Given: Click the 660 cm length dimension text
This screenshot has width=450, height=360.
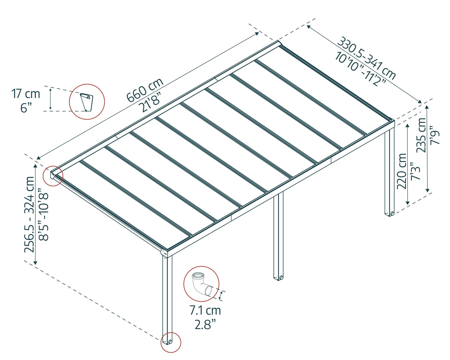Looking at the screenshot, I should click(145, 90).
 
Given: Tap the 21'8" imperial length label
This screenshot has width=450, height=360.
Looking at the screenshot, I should click(151, 102).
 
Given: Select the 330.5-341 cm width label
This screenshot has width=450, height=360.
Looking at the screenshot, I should click(366, 58).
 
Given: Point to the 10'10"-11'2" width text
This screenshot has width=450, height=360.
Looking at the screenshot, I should click(360, 69).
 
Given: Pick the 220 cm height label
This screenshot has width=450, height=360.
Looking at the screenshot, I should click(402, 171).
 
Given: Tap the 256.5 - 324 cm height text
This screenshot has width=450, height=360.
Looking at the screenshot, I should click(30, 214).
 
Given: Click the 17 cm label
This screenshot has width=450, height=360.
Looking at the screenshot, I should click(25, 94).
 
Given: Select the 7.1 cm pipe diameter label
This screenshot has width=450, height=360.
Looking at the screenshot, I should click(205, 310).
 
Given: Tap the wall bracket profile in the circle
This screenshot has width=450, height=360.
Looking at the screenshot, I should click(86, 102).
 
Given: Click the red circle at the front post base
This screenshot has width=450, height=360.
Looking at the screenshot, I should click(171, 342).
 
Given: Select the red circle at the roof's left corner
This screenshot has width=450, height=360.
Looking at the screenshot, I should click(53, 176).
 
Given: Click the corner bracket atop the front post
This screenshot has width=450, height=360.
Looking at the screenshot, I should click(164, 253).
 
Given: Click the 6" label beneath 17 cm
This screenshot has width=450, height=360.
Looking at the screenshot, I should click(26, 108).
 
